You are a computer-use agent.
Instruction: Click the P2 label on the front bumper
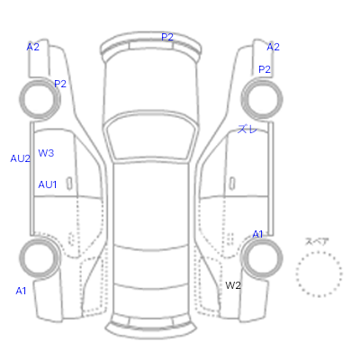coord(167,37)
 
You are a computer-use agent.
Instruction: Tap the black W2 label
coord(233,285)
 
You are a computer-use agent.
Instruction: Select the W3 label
coord(46,153)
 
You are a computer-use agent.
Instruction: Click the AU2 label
coord(21,158)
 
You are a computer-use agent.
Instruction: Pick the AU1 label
coord(48,184)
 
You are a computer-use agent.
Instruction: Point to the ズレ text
coord(247,130)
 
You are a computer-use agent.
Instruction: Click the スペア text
coord(317,241)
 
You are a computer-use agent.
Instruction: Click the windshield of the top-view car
coord(151,137)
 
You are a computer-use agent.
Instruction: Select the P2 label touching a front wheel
coord(60,84)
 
